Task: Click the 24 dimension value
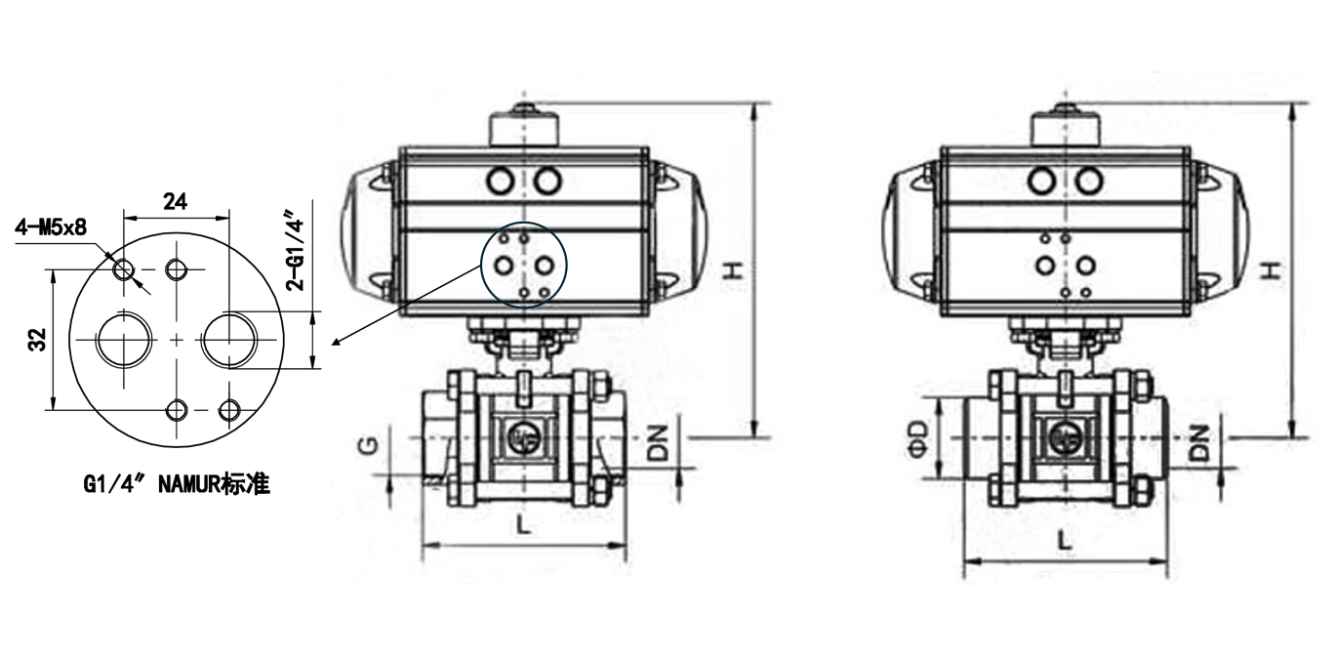[175, 202]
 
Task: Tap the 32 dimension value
[37, 339]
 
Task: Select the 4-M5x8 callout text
[51, 226]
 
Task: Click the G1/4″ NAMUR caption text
[177, 484]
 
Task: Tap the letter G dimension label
[370, 445]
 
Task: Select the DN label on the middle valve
[658, 443]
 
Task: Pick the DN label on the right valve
[1199, 443]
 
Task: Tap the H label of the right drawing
[1272, 270]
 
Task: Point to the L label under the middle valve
[522, 525]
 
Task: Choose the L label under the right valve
[1065, 541]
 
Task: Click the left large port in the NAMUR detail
[124, 340]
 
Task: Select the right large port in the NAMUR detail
[229, 340]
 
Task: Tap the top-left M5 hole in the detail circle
[124, 270]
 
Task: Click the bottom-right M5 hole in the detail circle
[229, 410]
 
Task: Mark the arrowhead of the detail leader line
[335, 343]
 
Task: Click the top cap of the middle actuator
[524, 128]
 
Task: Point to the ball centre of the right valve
[1066, 438]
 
